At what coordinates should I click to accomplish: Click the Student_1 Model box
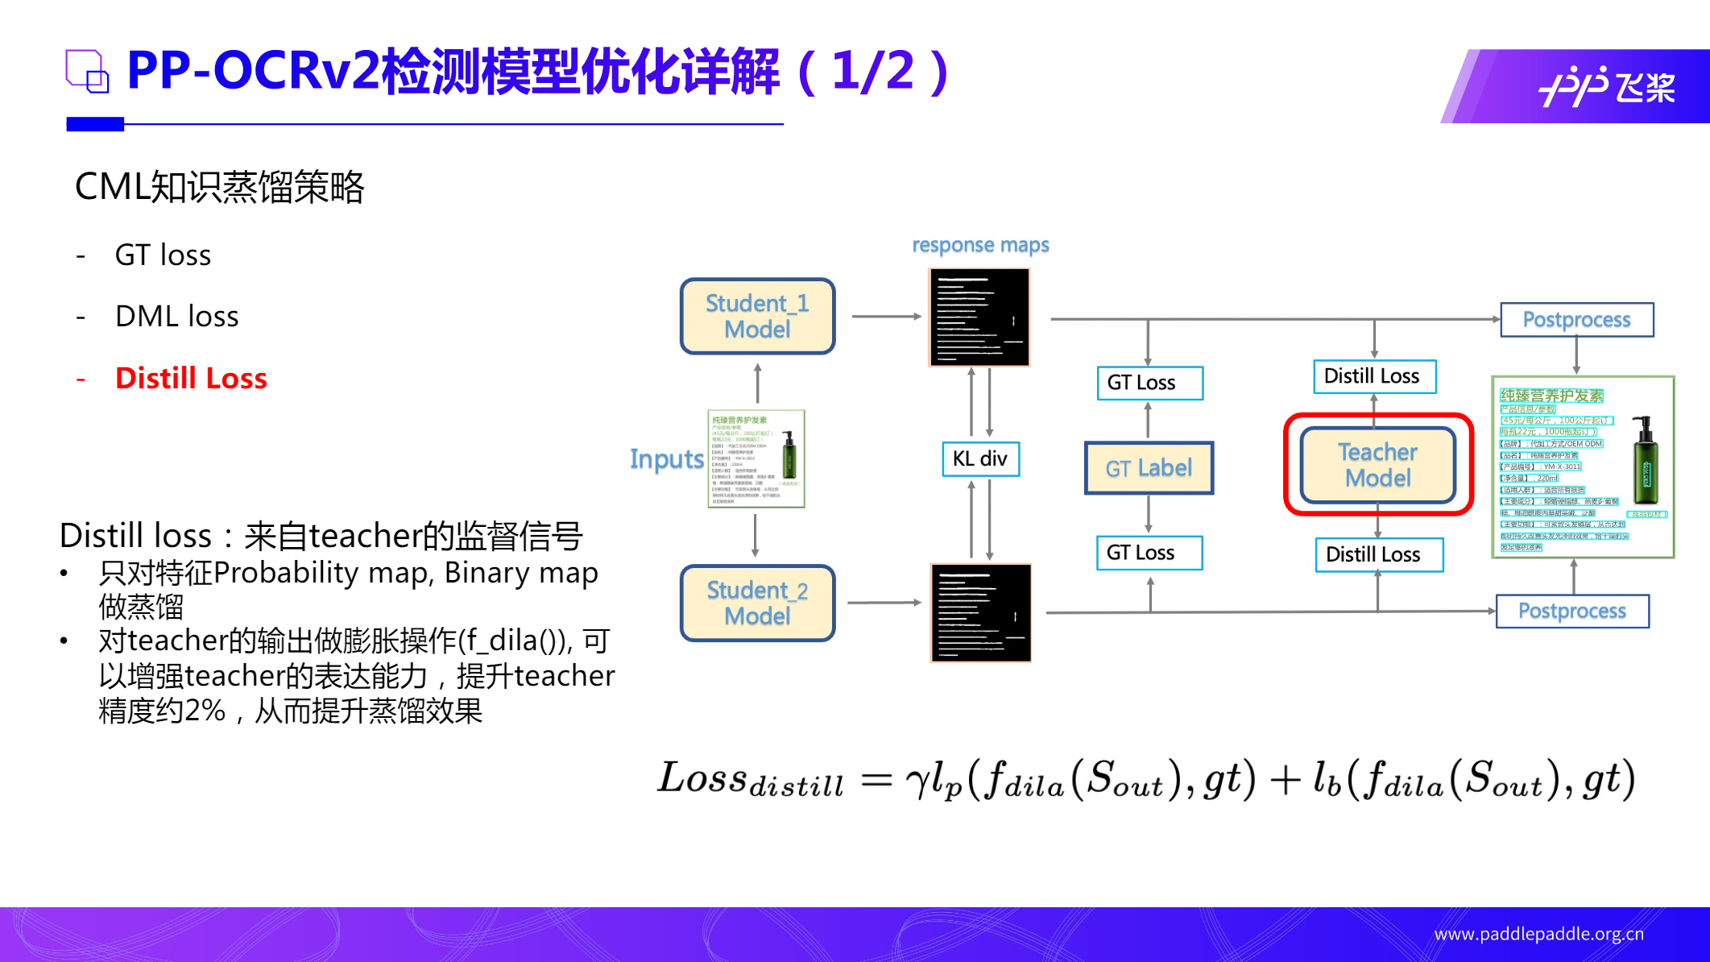pos(757,316)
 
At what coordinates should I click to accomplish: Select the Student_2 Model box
pos(757,603)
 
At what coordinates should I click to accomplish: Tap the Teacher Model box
pos(1377,465)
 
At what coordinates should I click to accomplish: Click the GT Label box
pos(1149,467)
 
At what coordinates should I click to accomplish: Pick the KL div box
pos(980,458)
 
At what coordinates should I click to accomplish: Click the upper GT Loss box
pos(1149,383)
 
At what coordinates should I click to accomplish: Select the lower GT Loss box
pos(1149,553)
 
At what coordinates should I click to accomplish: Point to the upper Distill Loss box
pos(1374,376)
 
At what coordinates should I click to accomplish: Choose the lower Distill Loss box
pos(1378,554)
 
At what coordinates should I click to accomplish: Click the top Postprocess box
pos(1576,320)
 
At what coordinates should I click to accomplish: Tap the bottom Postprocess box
pos(1571,611)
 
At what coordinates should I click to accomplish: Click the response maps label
pos(980,245)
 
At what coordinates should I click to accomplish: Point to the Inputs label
pos(666,459)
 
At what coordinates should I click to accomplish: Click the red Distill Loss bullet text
pos(191,378)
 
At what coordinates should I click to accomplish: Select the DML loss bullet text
pos(177,317)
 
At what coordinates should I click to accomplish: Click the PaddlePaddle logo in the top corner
pos(1606,86)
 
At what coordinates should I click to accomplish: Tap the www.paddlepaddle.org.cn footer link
pos(1538,934)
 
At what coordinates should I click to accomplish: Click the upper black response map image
pos(979,317)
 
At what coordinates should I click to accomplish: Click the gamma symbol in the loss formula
pos(917,781)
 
